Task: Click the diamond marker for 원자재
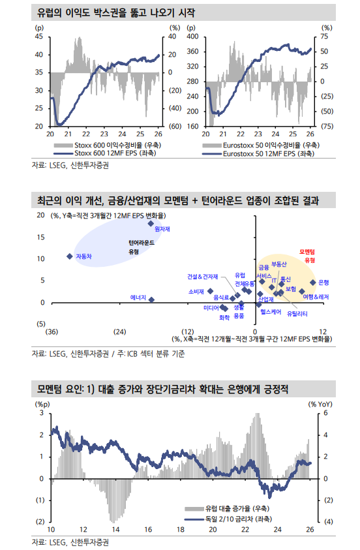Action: pyautogui.click(x=151, y=224)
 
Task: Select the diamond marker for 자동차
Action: pyautogui.click(x=70, y=256)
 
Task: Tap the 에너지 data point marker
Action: pyautogui.click(x=151, y=299)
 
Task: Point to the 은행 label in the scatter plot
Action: pyautogui.click(x=323, y=283)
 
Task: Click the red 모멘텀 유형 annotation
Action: pyautogui.click(x=307, y=255)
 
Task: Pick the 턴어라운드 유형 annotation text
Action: pyautogui.click(x=141, y=246)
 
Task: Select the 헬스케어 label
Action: pyautogui.click(x=271, y=313)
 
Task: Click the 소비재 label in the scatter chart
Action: pyautogui.click(x=196, y=292)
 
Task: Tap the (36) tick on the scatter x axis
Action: pyautogui.click(x=52, y=331)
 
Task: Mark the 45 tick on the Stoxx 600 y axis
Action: pyautogui.click(x=39, y=37)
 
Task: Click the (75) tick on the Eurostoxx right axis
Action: pyautogui.click(x=327, y=126)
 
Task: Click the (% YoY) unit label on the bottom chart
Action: pyautogui.click(x=320, y=404)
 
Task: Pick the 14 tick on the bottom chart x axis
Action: pyautogui.click(x=115, y=529)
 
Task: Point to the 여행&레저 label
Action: pyautogui.click(x=316, y=297)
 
